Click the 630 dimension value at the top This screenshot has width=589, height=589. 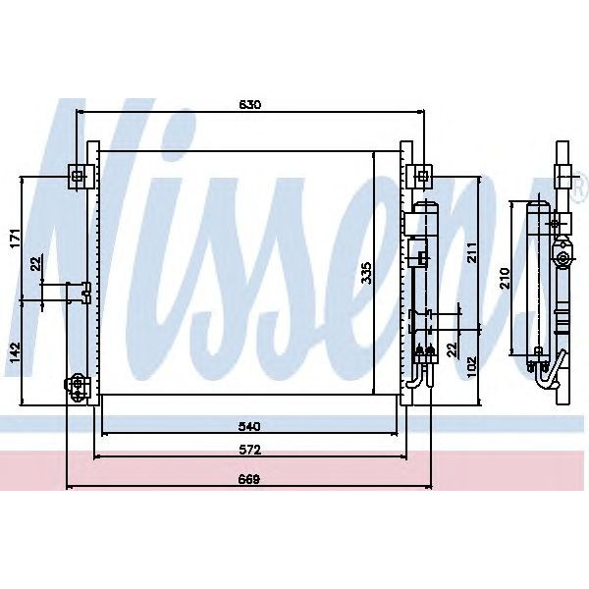pyautogui.click(x=249, y=104)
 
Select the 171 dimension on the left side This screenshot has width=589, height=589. pyautogui.click(x=14, y=239)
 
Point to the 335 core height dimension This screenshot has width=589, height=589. pyautogui.click(x=365, y=273)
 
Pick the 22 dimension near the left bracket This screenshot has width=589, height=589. pyautogui.click(x=36, y=263)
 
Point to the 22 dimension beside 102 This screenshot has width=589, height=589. pyautogui.click(x=453, y=348)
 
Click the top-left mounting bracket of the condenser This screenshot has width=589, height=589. pyautogui.click(x=79, y=176)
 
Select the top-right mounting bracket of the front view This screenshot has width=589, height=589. pyautogui.click(x=420, y=176)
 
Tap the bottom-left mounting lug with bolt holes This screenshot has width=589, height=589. pyautogui.click(x=77, y=388)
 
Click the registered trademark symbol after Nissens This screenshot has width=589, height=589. pyautogui.click(x=579, y=184)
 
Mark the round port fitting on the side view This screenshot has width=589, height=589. pyautogui.click(x=562, y=260)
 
